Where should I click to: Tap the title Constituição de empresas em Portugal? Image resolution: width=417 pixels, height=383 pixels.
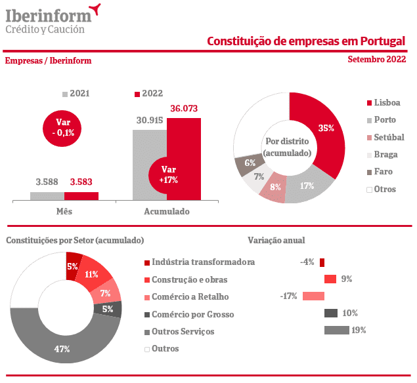pyautogui.click(x=305, y=41)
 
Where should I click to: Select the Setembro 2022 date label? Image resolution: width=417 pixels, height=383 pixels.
pyautogui.click(x=376, y=60)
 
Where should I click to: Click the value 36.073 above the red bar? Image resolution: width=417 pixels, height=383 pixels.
pyautogui.click(x=184, y=108)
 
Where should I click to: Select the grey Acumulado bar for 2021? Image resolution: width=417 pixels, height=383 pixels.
pyautogui.click(x=149, y=164)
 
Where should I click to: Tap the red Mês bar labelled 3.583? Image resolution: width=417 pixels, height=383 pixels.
pyautogui.click(x=81, y=195)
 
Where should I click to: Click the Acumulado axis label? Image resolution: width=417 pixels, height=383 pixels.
pyautogui.click(x=166, y=212)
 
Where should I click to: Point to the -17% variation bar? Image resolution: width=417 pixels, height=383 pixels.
pyautogui.click(x=314, y=296)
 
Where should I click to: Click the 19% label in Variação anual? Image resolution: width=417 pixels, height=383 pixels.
pyautogui.click(x=359, y=330)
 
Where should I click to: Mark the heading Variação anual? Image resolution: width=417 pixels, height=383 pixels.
pyautogui.click(x=276, y=241)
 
